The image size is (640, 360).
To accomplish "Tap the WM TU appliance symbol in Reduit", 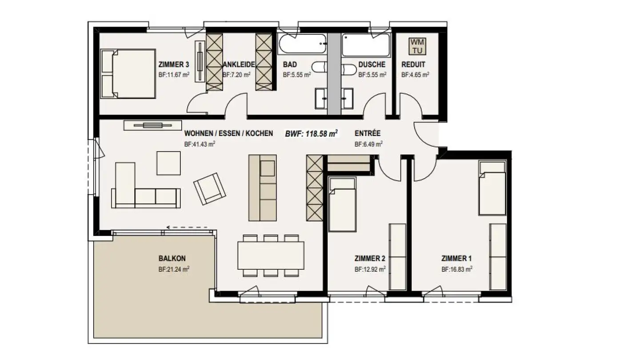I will pyautogui.click(x=417, y=46).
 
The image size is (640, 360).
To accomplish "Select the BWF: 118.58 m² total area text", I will pyautogui.click(x=311, y=133).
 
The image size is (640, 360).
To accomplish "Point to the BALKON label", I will pyautogui.click(x=172, y=258).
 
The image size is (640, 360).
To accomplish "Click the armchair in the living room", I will pyautogui.click(x=209, y=188).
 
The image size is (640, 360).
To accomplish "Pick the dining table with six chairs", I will pyautogui.click(x=271, y=255).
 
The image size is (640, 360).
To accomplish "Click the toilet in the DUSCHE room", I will pyautogui.click(x=349, y=68).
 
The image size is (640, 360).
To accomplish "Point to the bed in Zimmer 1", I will pyautogui.click(x=492, y=188).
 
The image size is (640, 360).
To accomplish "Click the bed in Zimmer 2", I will pyautogui.click(x=342, y=204).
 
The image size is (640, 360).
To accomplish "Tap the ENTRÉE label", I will pyautogui.click(x=368, y=133).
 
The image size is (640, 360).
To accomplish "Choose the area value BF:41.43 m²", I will pyautogui.click(x=200, y=144).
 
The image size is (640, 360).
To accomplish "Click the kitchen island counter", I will pyautogui.click(x=262, y=187).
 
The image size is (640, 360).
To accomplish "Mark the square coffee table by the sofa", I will pyautogui.click(x=168, y=163).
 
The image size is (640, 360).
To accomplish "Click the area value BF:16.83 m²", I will pyautogui.click(x=456, y=269).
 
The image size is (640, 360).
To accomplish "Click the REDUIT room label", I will pyautogui.click(x=413, y=64).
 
